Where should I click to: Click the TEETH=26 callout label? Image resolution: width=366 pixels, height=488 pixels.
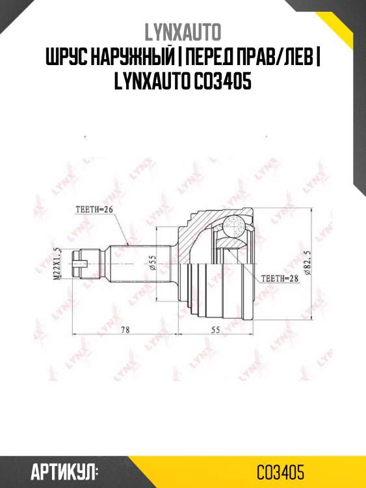pyautogui.click(x=94, y=210)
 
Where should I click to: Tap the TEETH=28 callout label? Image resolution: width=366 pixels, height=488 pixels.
pyautogui.click(x=278, y=277)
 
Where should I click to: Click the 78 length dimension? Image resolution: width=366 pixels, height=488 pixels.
pyautogui.click(x=125, y=330)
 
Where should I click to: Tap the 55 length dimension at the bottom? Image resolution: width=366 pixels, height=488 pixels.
pyautogui.click(x=217, y=330)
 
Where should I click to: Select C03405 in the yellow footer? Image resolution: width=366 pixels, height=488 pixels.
pyautogui.click(x=280, y=471)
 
